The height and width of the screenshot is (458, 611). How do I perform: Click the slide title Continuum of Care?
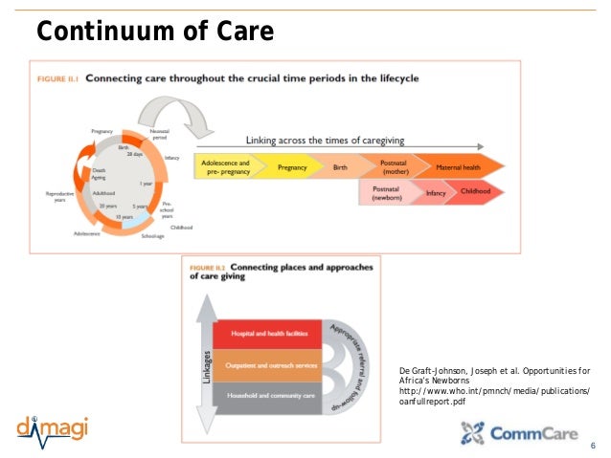[x=155, y=33]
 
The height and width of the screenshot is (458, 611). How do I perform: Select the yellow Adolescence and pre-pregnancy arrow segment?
[x=226, y=166]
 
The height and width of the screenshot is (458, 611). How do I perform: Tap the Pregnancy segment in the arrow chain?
[x=292, y=166]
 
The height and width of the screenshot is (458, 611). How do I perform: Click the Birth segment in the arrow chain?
[x=339, y=166]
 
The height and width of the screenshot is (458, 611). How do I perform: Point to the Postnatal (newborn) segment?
[x=388, y=192]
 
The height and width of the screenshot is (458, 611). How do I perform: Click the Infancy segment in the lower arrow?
[x=437, y=192]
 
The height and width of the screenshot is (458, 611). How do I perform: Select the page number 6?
[x=593, y=446]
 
